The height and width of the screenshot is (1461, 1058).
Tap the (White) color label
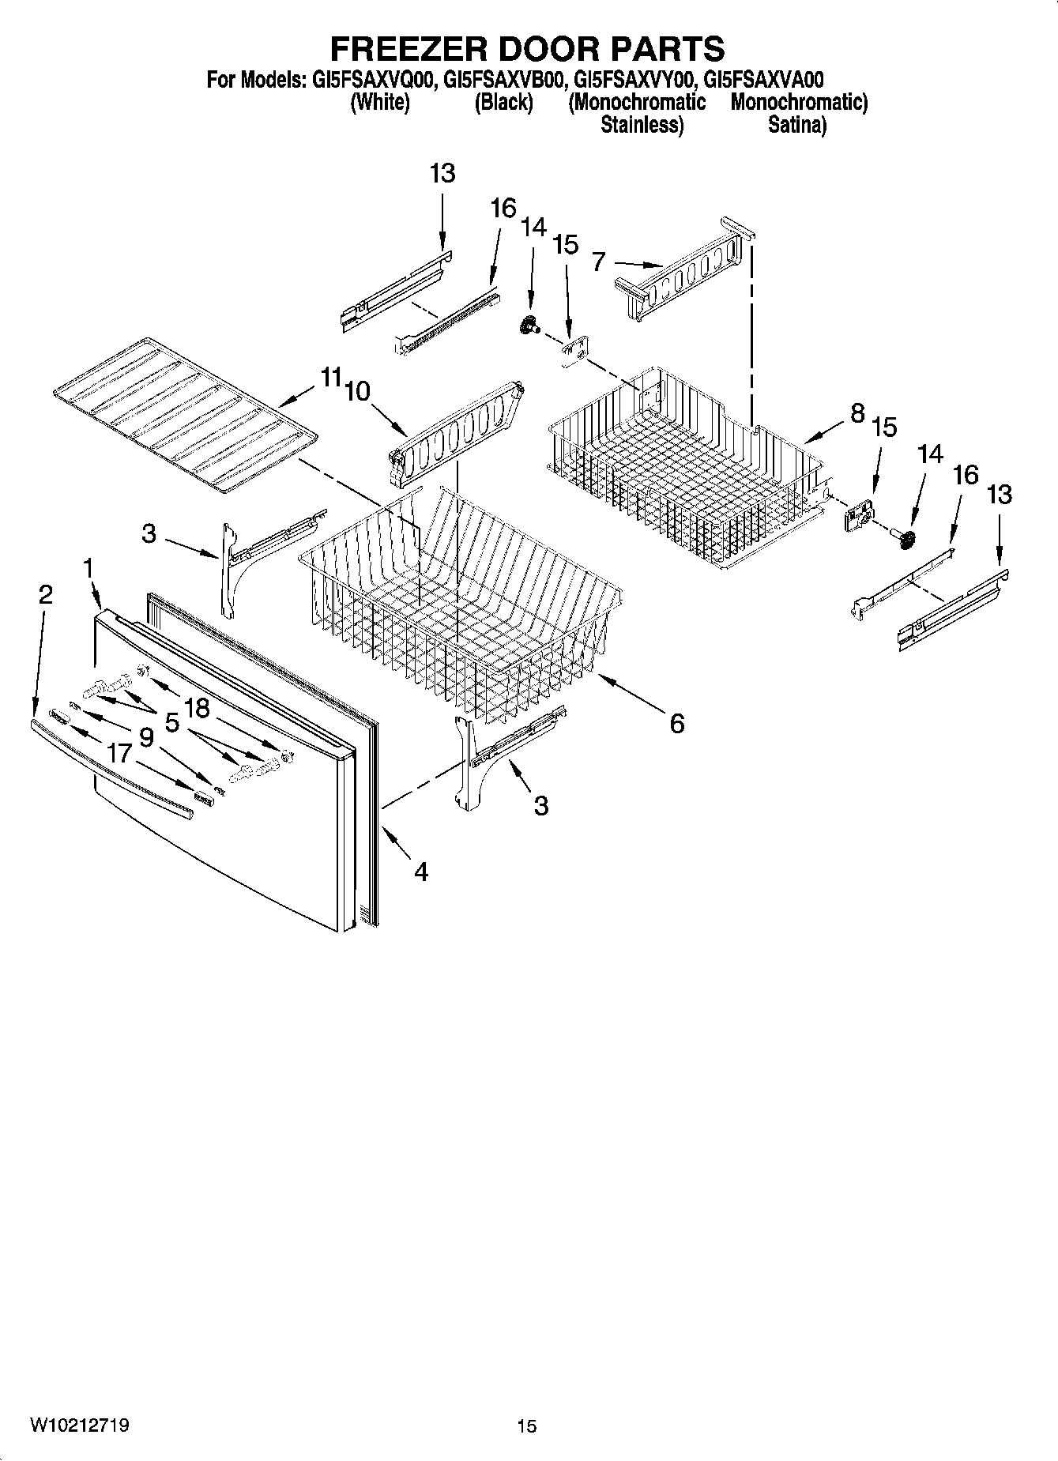point(379,102)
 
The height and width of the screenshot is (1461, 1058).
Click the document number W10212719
point(80,1425)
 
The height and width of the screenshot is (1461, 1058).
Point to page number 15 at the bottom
point(527,1426)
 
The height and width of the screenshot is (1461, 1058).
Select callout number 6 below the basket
point(676,723)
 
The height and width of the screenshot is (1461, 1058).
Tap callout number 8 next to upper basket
point(857,412)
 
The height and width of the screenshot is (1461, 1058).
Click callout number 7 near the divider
point(599,261)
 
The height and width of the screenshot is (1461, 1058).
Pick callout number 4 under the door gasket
point(420,872)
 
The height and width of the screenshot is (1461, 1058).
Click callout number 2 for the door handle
point(45,594)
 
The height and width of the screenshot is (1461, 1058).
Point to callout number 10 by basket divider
point(357,390)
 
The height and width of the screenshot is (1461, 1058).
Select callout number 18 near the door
point(197,708)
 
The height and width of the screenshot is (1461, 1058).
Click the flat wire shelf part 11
point(182,415)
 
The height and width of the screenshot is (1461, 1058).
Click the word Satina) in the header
point(797,125)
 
